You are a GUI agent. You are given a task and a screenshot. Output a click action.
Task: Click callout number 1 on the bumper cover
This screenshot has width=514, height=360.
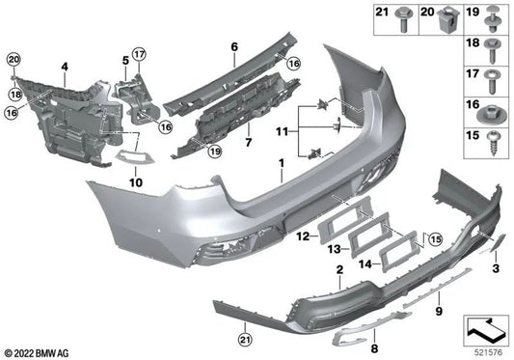(281, 178)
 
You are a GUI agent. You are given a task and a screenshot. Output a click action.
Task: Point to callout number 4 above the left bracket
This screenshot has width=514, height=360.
(64, 68)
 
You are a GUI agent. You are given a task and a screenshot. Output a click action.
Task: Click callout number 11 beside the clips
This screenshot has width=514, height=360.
(281, 129)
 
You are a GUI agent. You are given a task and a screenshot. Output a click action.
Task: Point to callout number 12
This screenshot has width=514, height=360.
(302, 235)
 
